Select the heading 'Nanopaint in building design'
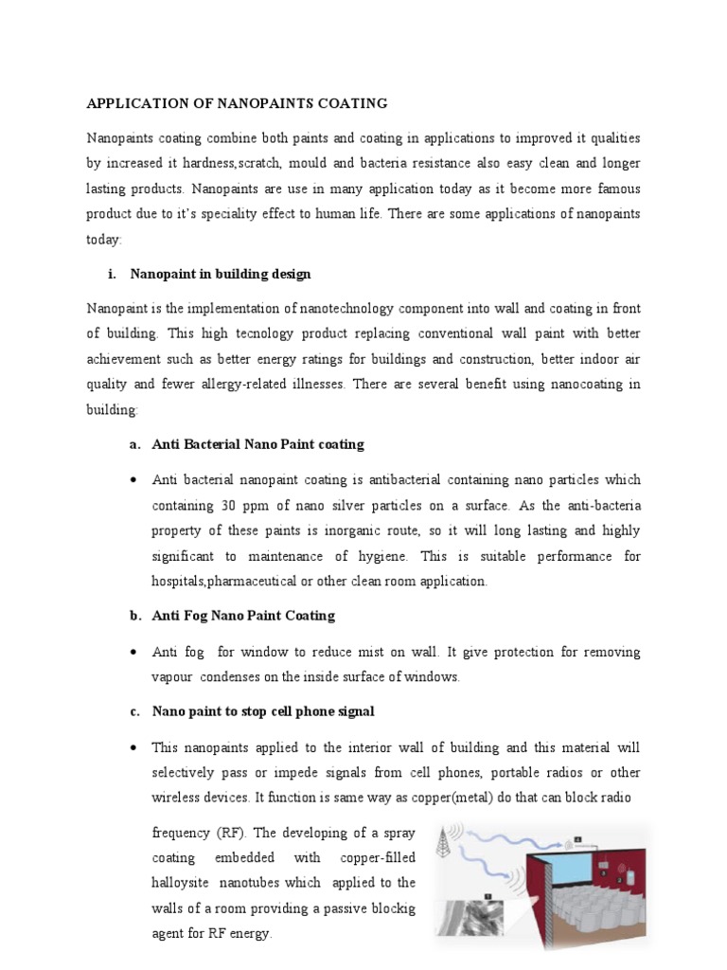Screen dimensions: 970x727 point(221,274)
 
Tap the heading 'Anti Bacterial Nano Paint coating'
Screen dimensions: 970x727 point(257,444)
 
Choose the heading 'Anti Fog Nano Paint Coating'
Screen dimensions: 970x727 point(243,616)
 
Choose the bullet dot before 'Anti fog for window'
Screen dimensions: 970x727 point(133,653)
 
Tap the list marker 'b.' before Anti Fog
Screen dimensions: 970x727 point(135,616)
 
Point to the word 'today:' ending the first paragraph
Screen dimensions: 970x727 point(104,240)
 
